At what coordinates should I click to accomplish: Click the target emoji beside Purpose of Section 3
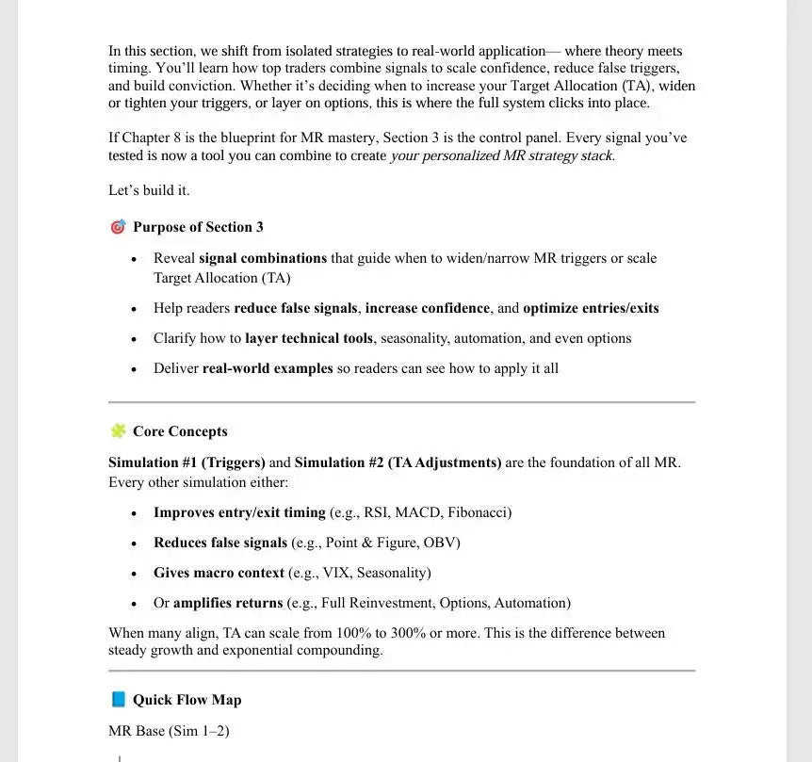(x=118, y=227)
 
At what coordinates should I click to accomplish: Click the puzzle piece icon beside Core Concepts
(x=118, y=431)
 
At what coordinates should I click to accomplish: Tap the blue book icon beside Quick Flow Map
(x=118, y=700)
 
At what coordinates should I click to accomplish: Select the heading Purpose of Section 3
(x=198, y=227)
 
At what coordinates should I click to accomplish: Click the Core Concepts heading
(x=180, y=431)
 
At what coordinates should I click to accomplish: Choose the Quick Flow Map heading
(x=187, y=700)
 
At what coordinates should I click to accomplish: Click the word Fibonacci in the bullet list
(x=479, y=512)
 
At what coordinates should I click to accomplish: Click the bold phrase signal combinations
(x=263, y=258)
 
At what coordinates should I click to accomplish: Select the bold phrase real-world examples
(x=268, y=368)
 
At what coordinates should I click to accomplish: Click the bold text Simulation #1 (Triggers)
(x=187, y=462)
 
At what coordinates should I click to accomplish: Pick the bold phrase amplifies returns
(x=228, y=603)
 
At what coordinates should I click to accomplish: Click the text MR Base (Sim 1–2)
(x=169, y=731)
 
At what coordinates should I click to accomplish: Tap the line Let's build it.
(x=149, y=190)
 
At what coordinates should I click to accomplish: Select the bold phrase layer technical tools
(x=309, y=338)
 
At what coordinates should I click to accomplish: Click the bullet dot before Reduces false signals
(x=134, y=543)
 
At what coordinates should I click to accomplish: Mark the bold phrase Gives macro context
(x=219, y=573)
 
